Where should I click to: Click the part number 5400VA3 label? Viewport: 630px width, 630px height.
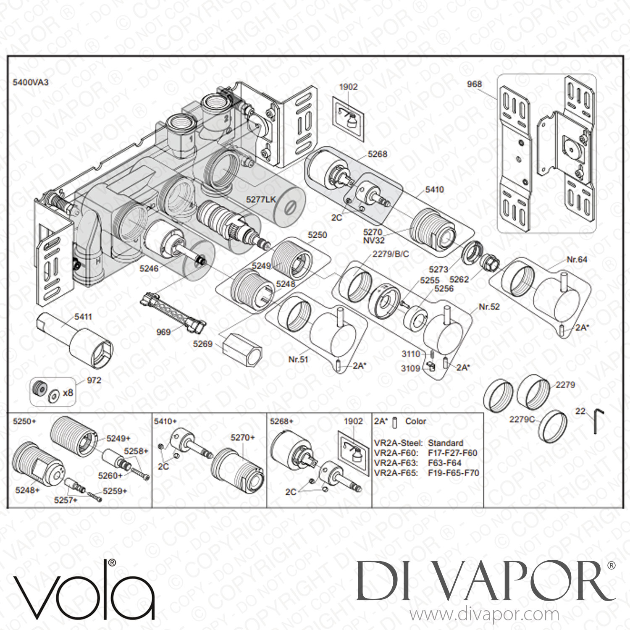point(31,82)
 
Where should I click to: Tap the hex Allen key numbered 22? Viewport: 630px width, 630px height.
point(599,422)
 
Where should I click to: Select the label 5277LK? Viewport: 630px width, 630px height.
point(261,199)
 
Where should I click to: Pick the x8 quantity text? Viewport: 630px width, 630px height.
point(68,393)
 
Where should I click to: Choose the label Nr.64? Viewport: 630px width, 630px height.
point(577,260)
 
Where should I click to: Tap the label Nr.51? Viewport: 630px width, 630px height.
point(298,360)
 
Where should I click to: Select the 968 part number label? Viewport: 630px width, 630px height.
point(474,84)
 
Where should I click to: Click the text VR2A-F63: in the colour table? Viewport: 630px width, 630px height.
point(396,463)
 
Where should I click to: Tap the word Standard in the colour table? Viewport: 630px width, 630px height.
point(446,443)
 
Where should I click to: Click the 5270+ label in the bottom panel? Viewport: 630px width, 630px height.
point(243,438)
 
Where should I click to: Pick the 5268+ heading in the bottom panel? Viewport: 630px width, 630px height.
point(281,421)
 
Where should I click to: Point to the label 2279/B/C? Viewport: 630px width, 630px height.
point(391,254)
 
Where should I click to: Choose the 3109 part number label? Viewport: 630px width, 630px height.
point(411,368)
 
